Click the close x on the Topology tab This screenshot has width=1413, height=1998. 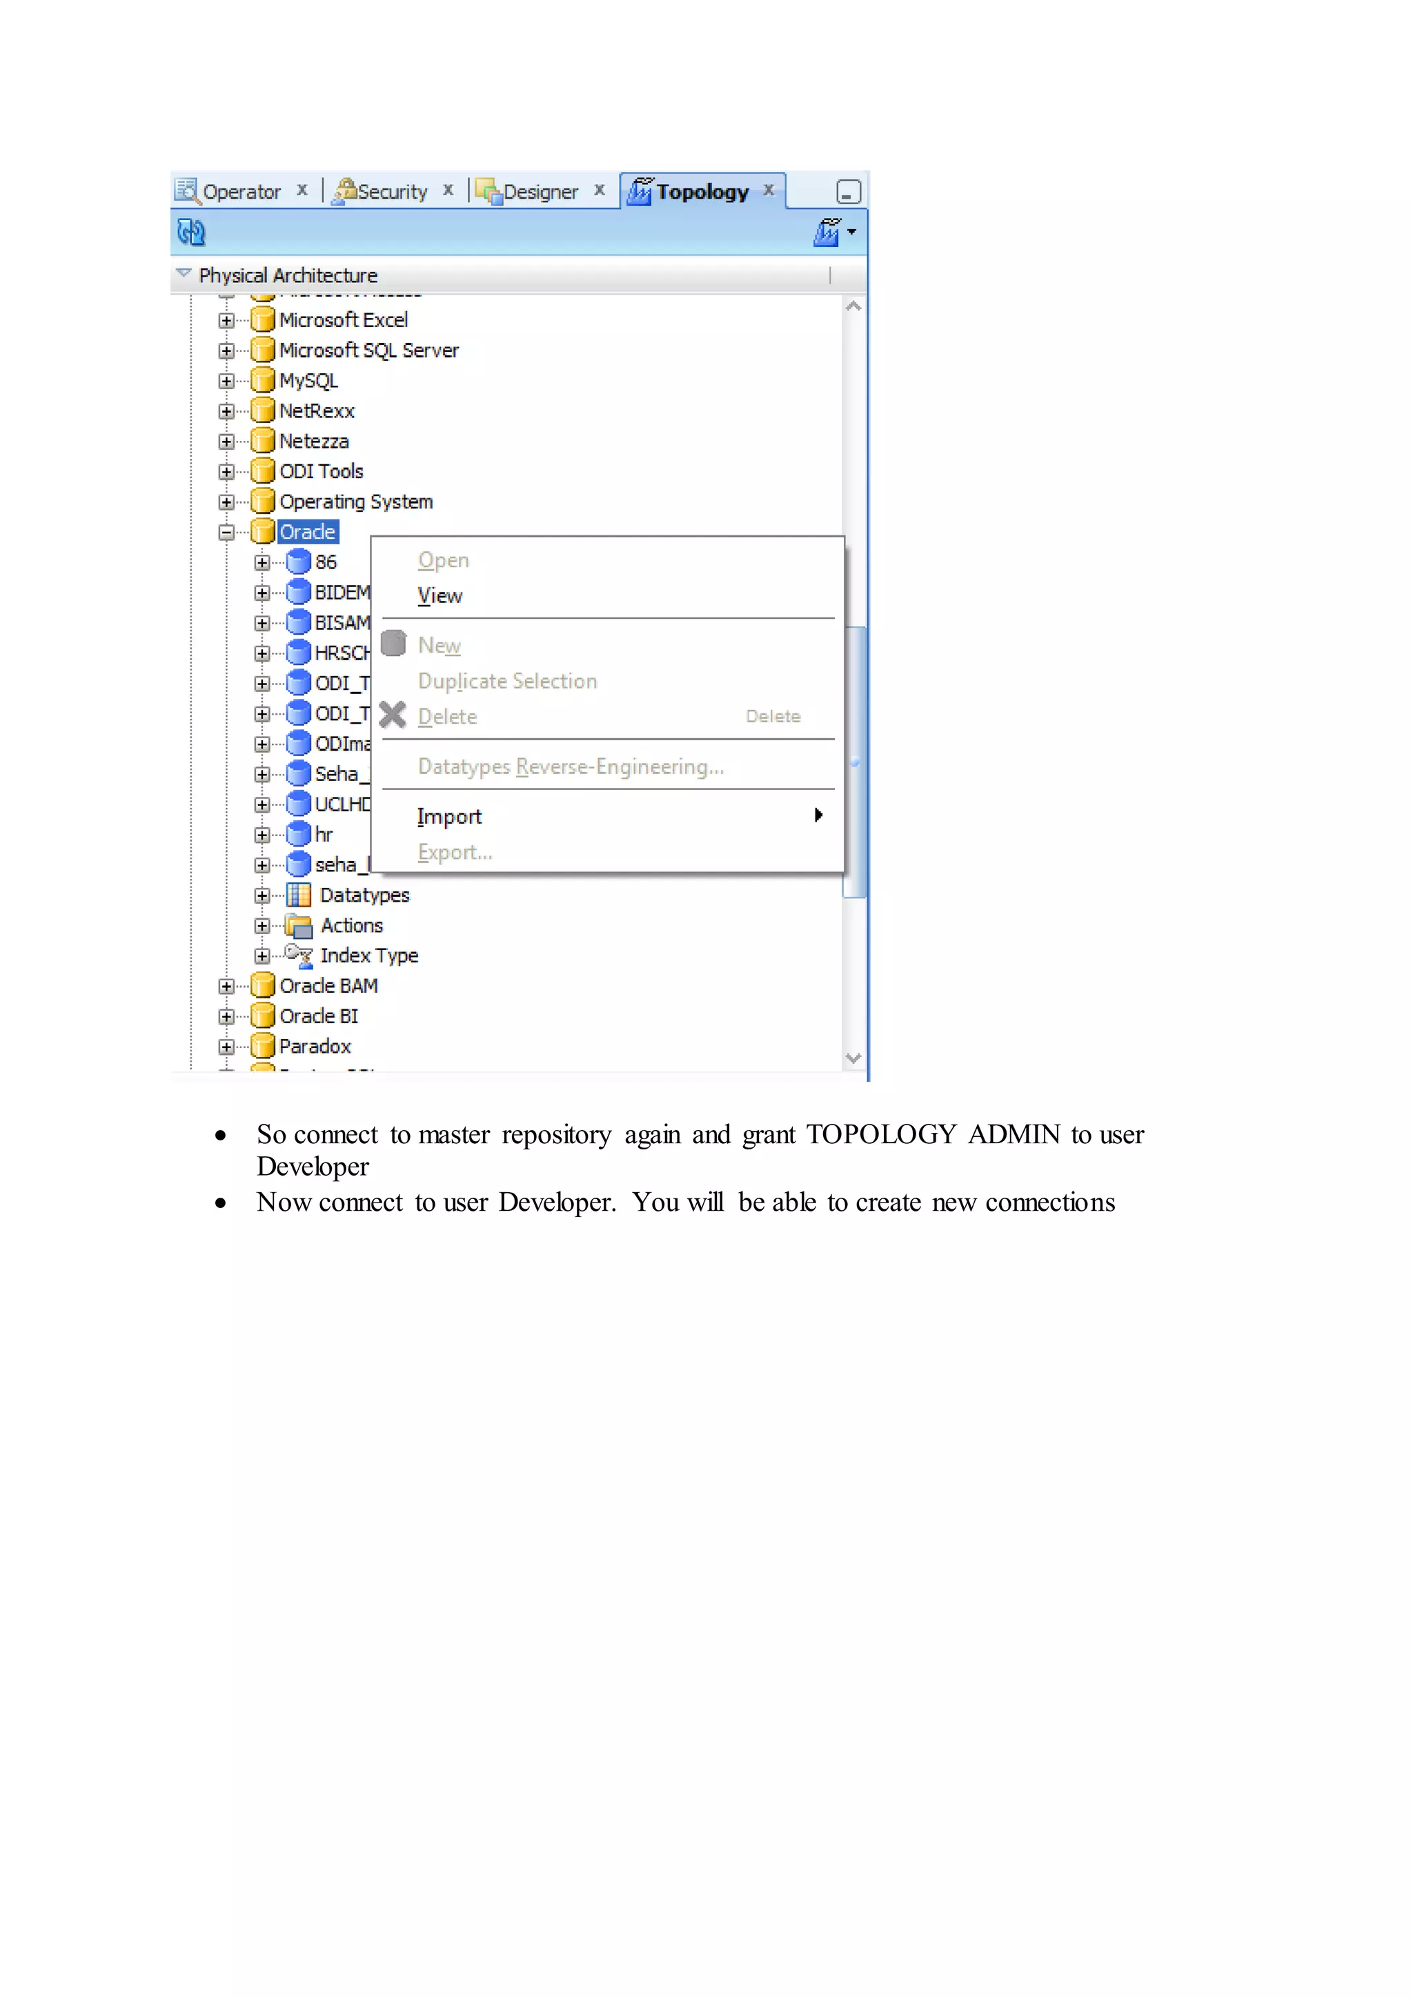point(769,190)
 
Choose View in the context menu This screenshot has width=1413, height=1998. point(440,596)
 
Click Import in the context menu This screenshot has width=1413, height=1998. point(449,816)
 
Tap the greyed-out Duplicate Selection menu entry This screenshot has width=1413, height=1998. point(507,682)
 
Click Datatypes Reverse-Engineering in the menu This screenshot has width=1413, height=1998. point(570,766)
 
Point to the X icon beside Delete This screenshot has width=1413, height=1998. point(393,715)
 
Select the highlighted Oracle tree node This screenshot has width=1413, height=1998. point(307,532)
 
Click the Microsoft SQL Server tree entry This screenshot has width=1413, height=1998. point(368,350)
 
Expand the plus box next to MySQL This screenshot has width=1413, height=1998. point(226,381)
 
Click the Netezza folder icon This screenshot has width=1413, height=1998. point(263,441)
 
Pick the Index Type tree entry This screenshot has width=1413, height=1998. point(368,956)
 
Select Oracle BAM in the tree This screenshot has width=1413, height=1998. point(328,986)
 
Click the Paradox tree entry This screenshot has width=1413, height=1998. point(314,1046)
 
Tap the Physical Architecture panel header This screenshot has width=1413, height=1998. point(288,276)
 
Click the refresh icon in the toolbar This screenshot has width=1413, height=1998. point(190,233)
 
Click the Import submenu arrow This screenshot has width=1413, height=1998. point(818,815)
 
